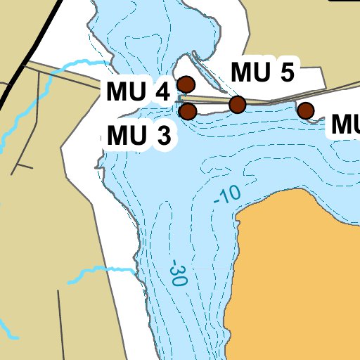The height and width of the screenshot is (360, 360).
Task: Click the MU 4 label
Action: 139,92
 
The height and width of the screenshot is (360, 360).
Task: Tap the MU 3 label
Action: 139,136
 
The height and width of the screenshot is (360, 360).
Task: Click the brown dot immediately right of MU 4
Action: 186,84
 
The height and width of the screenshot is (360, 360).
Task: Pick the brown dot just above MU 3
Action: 188,111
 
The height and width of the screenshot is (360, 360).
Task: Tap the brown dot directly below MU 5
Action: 238,105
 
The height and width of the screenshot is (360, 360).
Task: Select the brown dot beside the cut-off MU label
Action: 305,110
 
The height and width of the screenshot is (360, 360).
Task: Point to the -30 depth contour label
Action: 179,273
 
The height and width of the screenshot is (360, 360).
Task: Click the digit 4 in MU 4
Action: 162,92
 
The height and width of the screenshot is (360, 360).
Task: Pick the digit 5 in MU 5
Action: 286,72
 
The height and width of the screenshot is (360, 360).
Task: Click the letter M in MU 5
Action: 241,72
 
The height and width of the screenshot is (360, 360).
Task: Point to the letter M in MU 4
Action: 117,92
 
